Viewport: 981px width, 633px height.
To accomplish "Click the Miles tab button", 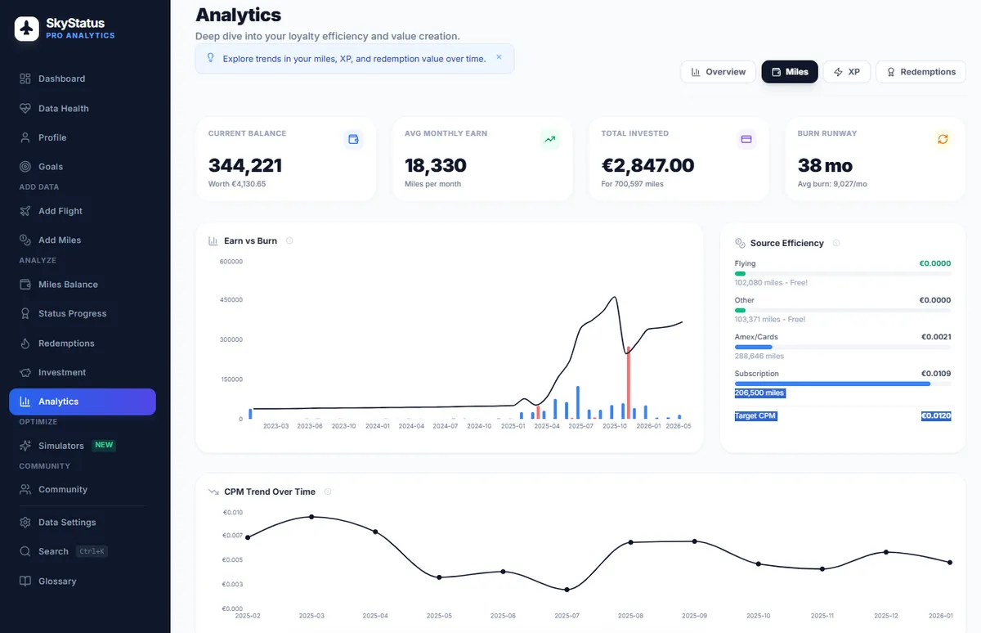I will tap(789, 72).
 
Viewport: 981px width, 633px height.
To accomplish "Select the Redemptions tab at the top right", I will tap(921, 72).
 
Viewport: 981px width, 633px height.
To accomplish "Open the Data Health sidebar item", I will tap(63, 108).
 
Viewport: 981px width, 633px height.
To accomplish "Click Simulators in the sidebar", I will tap(61, 446).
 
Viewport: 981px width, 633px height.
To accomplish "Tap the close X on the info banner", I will tap(499, 58).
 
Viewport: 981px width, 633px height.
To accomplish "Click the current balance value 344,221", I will tap(245, 165).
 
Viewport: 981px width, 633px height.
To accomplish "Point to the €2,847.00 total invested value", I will tap(647, 165).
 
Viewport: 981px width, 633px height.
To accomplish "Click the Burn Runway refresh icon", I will tap(943, 140).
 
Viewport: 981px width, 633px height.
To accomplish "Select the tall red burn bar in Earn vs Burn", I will tap(628, 383).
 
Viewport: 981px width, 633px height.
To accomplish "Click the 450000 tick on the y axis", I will tap(231, 300).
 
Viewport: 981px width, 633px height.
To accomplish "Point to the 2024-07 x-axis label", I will tap(446, 426).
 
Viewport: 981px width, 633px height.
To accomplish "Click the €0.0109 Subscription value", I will tap(936, 374).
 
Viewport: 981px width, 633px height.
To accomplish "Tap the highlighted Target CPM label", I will tap(755, 415).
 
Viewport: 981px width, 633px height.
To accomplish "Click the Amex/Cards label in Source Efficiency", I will tap(756, 337).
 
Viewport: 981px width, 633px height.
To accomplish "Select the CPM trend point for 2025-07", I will tap(567, 590).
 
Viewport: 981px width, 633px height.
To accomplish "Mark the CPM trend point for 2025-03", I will tap(311, 517).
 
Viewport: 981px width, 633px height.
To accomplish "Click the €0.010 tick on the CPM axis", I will tap(233, 513).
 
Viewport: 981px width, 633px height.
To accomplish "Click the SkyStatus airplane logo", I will tap(27, 29).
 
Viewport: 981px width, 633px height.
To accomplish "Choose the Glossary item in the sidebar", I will tap(57, 581).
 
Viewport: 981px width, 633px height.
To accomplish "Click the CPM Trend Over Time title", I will tap(269, 492).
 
